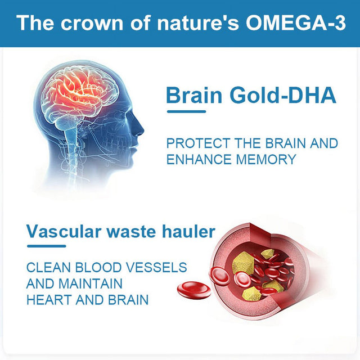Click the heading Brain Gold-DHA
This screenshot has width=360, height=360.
[x=251, y=96]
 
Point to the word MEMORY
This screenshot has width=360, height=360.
[x=267, y=159]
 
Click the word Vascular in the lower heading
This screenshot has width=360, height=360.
[x=61, y=231]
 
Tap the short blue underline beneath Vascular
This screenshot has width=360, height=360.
[x=46, y=246]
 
